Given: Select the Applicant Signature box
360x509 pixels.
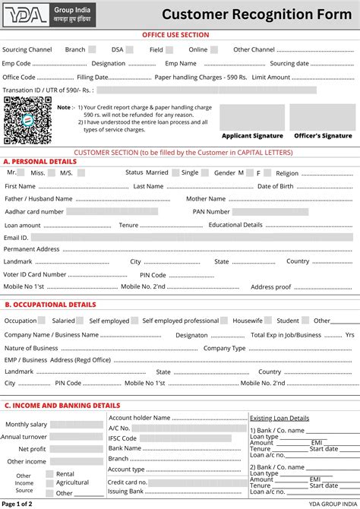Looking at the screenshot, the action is [251, 117].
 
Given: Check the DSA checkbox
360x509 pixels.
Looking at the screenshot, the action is [130, 49].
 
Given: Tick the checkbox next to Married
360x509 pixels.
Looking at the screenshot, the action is [175, 172].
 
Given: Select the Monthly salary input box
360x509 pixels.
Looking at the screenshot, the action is [77, 425].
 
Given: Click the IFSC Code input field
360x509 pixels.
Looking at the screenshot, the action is [185, 438].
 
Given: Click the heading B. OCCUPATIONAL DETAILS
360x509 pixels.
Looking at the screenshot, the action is [50, 305].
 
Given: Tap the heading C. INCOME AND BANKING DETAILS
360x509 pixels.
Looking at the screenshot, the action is [62, 406].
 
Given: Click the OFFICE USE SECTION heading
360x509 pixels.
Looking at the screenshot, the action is [176, 34].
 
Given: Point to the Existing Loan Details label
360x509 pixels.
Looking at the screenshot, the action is [279, 418].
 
